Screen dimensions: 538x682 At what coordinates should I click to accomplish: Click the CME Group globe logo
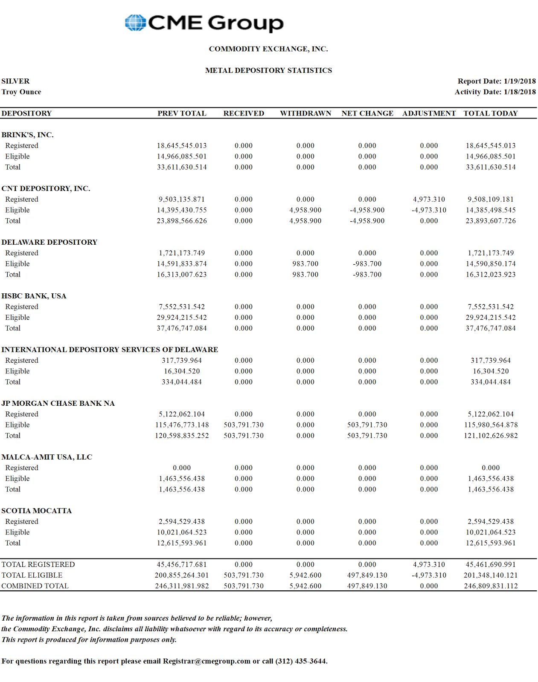pos(135,23)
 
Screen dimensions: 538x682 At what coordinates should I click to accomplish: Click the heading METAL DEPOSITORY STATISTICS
pos(268,70)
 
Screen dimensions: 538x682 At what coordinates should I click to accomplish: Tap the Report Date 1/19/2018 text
pos(497,81)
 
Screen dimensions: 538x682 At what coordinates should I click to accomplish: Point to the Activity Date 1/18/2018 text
pos(495,92)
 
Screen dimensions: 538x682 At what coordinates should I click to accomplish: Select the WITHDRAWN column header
pos(305,113)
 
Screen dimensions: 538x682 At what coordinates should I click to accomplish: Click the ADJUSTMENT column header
pos(429,113)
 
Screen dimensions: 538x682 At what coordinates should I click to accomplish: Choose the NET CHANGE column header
pos(367,113)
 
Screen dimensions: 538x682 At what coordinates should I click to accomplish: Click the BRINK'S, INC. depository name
pos(28,135)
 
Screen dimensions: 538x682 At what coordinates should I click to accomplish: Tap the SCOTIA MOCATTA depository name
pos(37,511)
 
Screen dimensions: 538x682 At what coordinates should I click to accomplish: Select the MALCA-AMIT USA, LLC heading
pos(47,457)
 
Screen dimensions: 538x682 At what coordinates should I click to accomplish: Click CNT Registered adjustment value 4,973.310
pos(429,199)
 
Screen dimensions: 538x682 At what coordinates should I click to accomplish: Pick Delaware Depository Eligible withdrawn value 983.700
pos(305,264)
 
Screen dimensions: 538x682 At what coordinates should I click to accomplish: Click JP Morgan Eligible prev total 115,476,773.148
pos(182,425)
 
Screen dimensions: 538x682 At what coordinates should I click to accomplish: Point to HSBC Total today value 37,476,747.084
pos(491,328)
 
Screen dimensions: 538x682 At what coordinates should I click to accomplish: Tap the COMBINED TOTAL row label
pos(35,586)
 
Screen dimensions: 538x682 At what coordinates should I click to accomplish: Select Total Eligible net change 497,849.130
pos(367,575)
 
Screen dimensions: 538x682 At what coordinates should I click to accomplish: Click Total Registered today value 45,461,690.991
pos(491,564)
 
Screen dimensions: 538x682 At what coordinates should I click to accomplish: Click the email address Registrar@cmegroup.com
pos(206,661)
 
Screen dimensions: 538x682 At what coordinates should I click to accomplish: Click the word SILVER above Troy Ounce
pos(15,81)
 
